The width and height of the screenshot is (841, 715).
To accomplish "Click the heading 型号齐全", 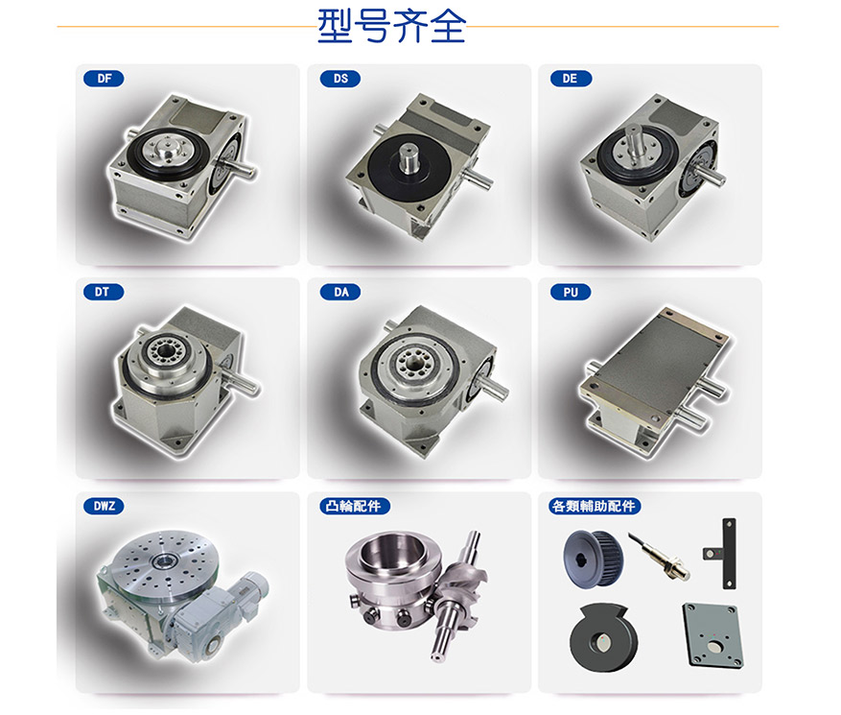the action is click(391, 26).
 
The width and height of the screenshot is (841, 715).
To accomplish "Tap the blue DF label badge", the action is click(105, 79).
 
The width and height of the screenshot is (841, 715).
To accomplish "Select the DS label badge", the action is click(340, 79).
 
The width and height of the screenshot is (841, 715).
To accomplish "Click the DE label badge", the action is click(571, 79).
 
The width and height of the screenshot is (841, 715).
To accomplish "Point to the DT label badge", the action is click(104, 292).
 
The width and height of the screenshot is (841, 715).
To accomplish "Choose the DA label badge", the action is click(340, 292).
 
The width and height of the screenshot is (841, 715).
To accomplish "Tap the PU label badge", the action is click(571, 292).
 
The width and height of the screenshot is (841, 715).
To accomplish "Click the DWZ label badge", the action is click(105, 506).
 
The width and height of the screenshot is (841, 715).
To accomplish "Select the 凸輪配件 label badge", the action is click(354, 506).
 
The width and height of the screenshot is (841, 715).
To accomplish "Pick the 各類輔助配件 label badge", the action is click(595, 506).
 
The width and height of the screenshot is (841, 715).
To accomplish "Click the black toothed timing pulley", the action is click(593, 560).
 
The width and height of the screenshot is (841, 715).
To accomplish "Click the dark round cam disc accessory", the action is click(603, 636).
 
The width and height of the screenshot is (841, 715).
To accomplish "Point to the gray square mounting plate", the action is click(713, 634).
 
